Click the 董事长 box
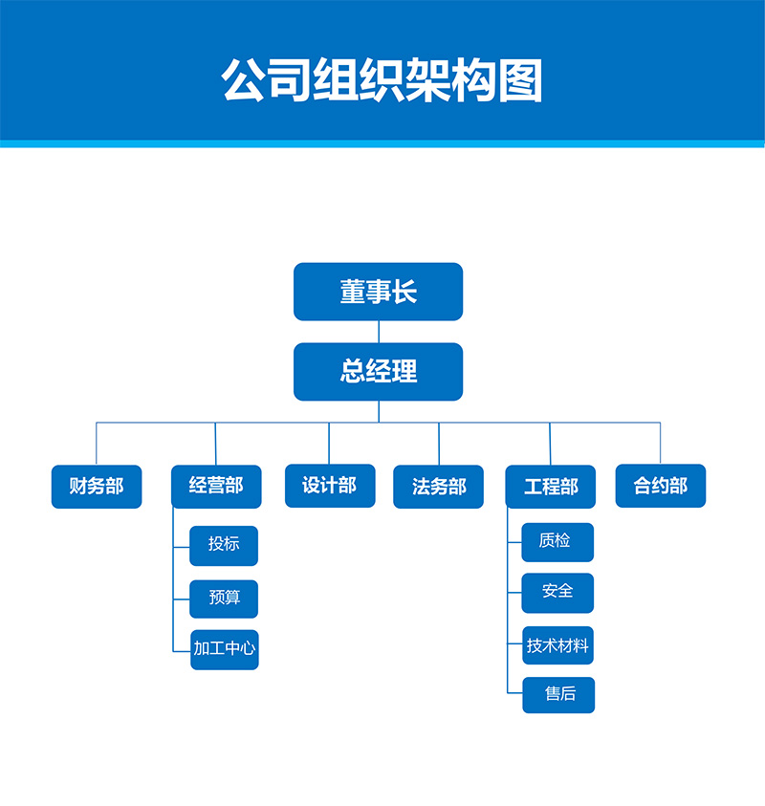pyautogui.click(x=378, y=292)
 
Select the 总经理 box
pyautogui.click(x=378, y=371)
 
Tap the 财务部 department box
pyautogui.click(x=97, y=487)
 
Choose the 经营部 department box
pyautogui.click(x=216, y=487)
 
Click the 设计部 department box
pyautogui.click(x=330, y=486)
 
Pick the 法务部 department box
pyautogui.click(x=439, y=487)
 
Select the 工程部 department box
pyautogui.click(x=551, y=487)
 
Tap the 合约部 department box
pyautogui.click(x=661, y=486)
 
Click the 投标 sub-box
pyautogui.click(x=224, y=545)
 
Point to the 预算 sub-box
pyautogui.click(x=224, y=599)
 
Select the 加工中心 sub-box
pyautogui.click(x=225, y=649)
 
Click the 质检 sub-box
pyautogui.click(x=557, y=541)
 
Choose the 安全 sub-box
pyautogui.click(x=557, y=593)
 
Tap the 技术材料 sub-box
pyautogui.click(x=557, y=645)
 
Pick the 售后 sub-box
pyautogui.click(x=558, y=695)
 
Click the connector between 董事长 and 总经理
pyautogui.click(x=379, y=331)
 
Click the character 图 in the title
pyautogui.click(x=519, y=81)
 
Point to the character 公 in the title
pyautogui.click(x=244, y=81)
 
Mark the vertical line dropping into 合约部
pyautogui.click(x=661, y=443)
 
